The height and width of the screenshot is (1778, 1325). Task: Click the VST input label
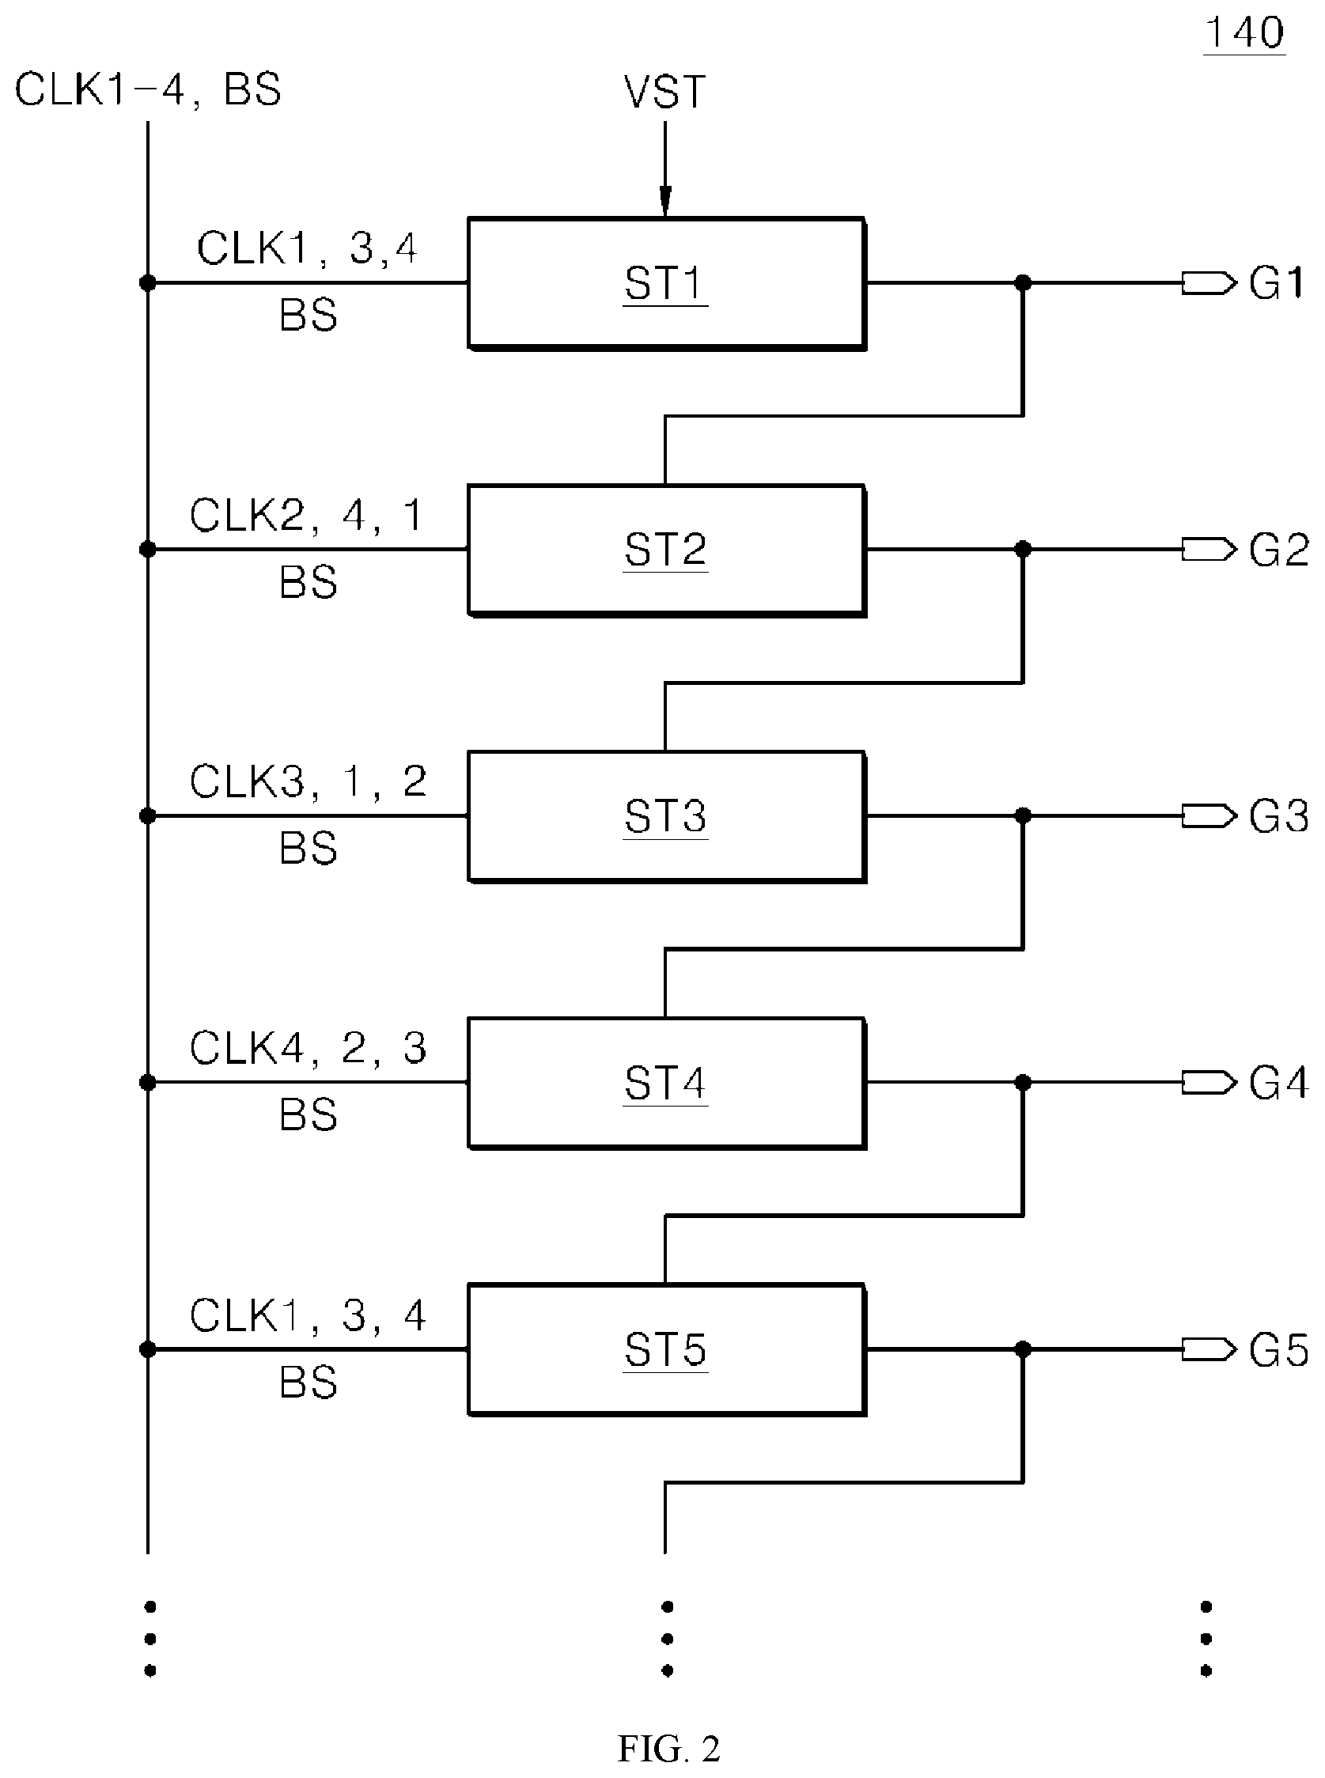point(665,93)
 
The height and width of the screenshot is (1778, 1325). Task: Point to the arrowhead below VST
point(665,202)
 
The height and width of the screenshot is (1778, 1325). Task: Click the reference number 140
point(1245,34)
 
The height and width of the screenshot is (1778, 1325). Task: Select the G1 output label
point(1278,283)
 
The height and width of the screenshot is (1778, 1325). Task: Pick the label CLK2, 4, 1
point(306,515)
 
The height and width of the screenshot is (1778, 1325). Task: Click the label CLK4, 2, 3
point(308,1048)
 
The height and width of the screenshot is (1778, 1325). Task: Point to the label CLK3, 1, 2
point(308,781)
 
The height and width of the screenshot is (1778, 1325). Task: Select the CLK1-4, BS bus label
point(149,89)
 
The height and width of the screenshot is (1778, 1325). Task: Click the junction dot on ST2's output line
point(1023,550)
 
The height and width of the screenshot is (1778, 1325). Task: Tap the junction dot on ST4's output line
point(1023,1083)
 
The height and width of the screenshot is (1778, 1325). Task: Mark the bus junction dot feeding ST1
point(148,283)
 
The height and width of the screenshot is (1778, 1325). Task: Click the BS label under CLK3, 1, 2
point(308,849)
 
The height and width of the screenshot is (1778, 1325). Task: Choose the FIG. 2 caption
point(669,1748)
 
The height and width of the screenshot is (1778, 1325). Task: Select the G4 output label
point(1278,1083)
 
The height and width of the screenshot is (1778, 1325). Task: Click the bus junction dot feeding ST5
point(148,1350)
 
